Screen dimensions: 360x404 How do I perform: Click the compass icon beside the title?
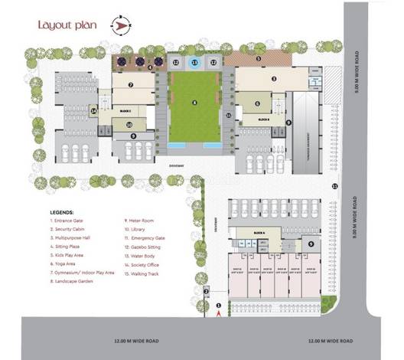[x=120, y=25]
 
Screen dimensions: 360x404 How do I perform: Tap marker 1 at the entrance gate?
[x=219, y=306]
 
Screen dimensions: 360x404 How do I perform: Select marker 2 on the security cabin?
[x=206, y=290]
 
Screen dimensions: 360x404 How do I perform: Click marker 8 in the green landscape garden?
[x=194, y=102]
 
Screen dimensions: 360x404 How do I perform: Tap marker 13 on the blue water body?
[x=194, y=62]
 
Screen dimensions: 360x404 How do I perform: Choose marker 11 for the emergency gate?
[x=334, y=186]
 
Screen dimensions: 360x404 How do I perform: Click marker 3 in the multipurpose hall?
[x=273, y=77]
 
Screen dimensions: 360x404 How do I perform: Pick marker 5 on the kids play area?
[x=258, y=58]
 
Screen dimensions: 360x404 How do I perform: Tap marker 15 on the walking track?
[x=229, y=116]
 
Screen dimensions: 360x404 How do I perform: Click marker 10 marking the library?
[x=129, y=124]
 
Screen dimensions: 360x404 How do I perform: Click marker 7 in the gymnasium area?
[x=132, y=85]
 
